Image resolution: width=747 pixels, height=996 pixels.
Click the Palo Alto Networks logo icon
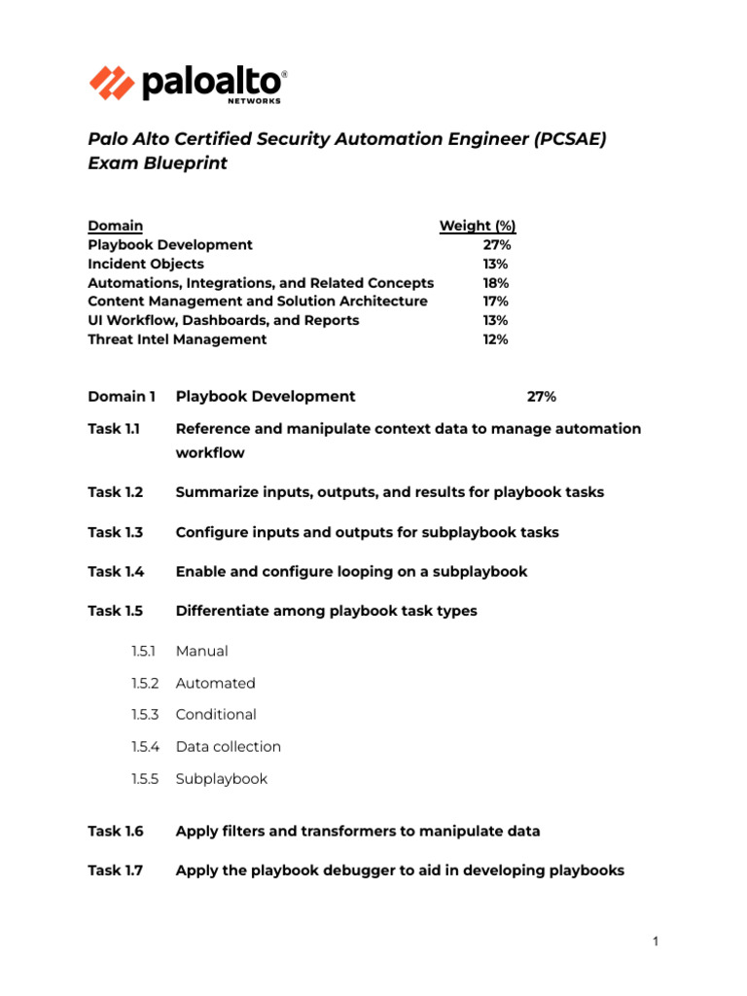(x=112, y=83)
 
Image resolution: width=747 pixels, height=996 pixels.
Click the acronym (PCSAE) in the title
(x=569, y=138)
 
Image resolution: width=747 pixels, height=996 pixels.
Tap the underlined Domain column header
(x=115, y=226)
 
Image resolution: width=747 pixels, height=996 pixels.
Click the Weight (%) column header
(x=478, y=226)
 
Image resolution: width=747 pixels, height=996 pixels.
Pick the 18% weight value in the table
(x=495, y=283)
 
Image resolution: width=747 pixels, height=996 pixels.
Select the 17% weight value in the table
(x=495, y=302)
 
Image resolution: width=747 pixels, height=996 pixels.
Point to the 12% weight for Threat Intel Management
(x=495, y=339)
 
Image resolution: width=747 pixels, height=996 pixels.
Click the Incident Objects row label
(x=146, y=264)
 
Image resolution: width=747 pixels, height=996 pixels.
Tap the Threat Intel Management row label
(x=177, y=339)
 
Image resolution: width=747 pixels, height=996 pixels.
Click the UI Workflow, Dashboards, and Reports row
(x=224, y=320)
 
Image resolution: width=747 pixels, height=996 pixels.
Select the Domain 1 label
(x=122, y=396)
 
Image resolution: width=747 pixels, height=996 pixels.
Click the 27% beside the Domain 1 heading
(x=542, y=396)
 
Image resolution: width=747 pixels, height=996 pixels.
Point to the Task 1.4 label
(x=115, y=572)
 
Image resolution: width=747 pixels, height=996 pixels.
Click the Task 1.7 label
(x=115, y=871)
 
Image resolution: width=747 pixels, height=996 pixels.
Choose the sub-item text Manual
(x=201, y=651)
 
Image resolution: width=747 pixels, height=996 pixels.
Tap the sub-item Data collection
(x=228, y=747)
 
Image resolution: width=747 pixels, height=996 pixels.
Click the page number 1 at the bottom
(x=656, y=941)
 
